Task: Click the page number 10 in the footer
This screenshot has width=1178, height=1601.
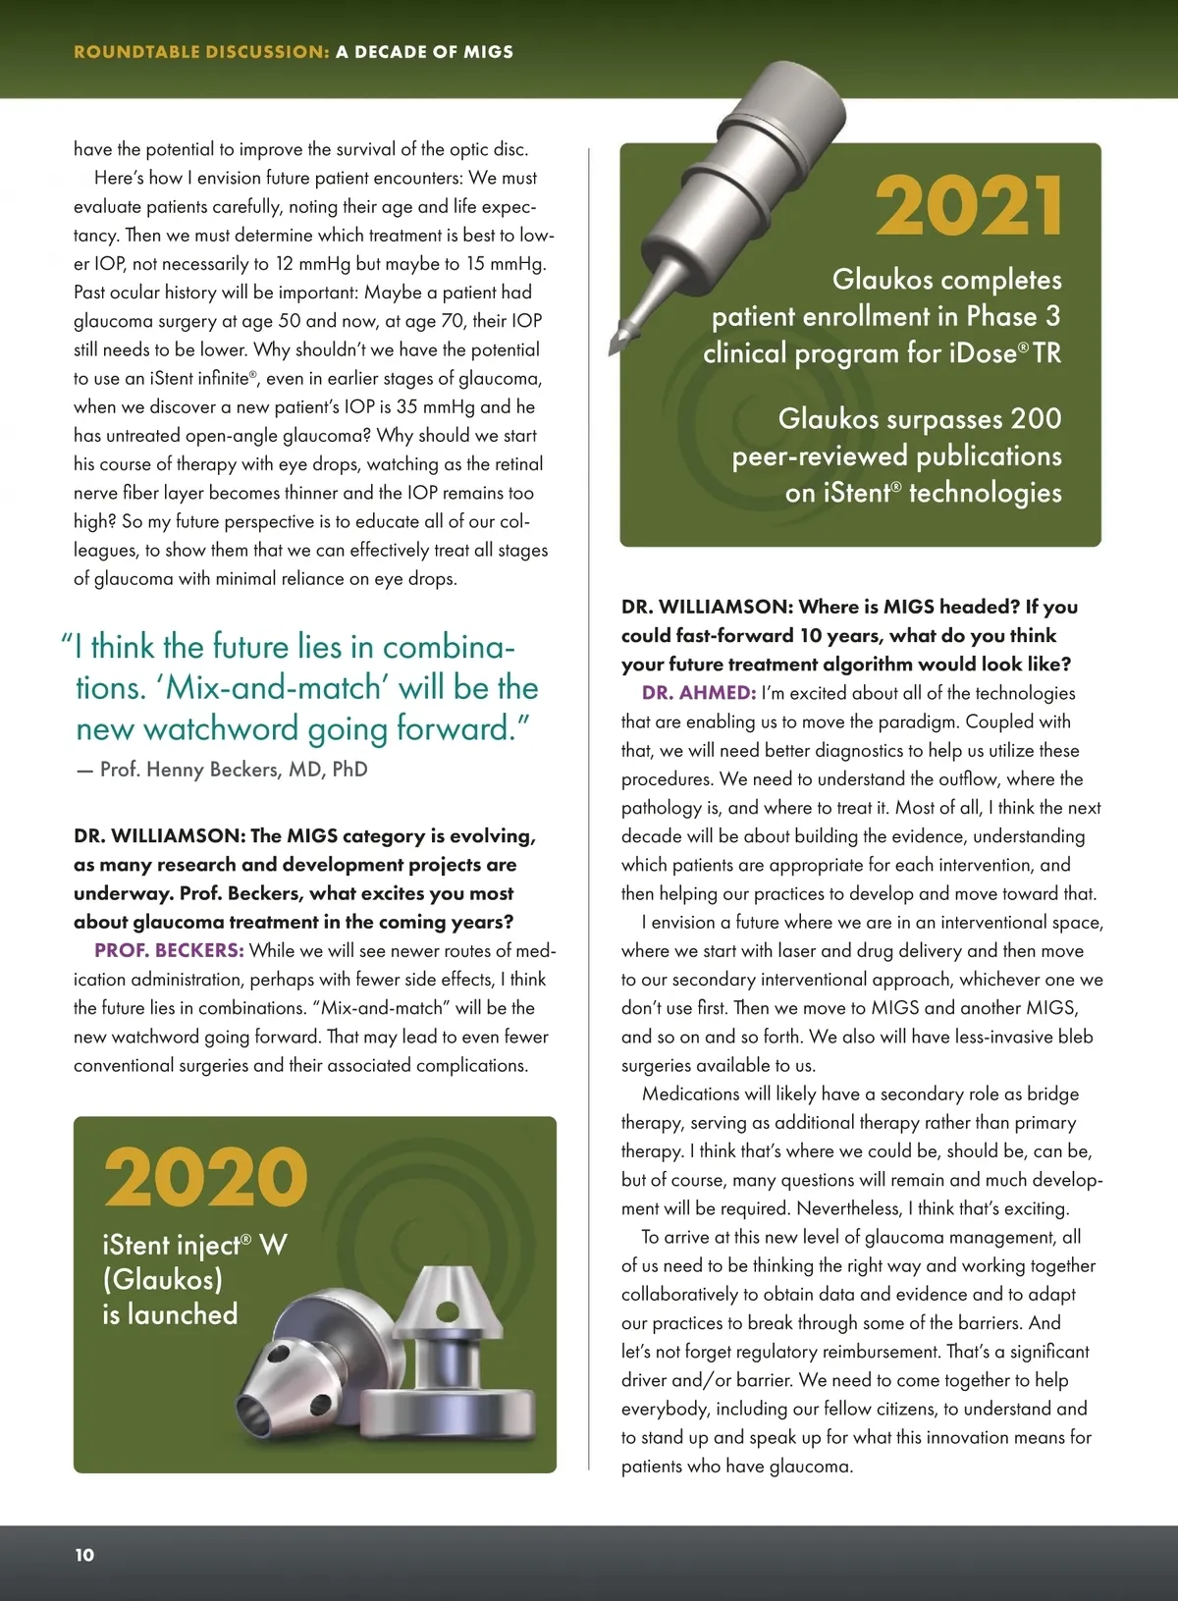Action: (x=84, y=1554)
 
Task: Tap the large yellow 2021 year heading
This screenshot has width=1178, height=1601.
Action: (x=968, y=206)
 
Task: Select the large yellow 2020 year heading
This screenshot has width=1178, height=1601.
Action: (x=205, y=1177)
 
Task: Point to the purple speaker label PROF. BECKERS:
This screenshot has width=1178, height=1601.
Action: (x=169, y=950)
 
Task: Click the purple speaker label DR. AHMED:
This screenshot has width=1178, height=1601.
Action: (x=698, y=693)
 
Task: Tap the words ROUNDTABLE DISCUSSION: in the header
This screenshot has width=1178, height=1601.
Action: (x=201, y=52)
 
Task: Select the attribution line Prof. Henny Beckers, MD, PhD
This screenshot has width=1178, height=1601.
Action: (x=234, y=770)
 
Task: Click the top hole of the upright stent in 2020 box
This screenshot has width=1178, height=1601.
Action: (x=447, y=1310)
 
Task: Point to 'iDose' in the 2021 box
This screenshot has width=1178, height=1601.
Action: (x=988, y=353)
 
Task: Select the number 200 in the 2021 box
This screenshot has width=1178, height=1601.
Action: (x=1036, y=419)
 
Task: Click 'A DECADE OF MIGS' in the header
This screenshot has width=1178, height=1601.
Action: (x=424, y=52)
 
